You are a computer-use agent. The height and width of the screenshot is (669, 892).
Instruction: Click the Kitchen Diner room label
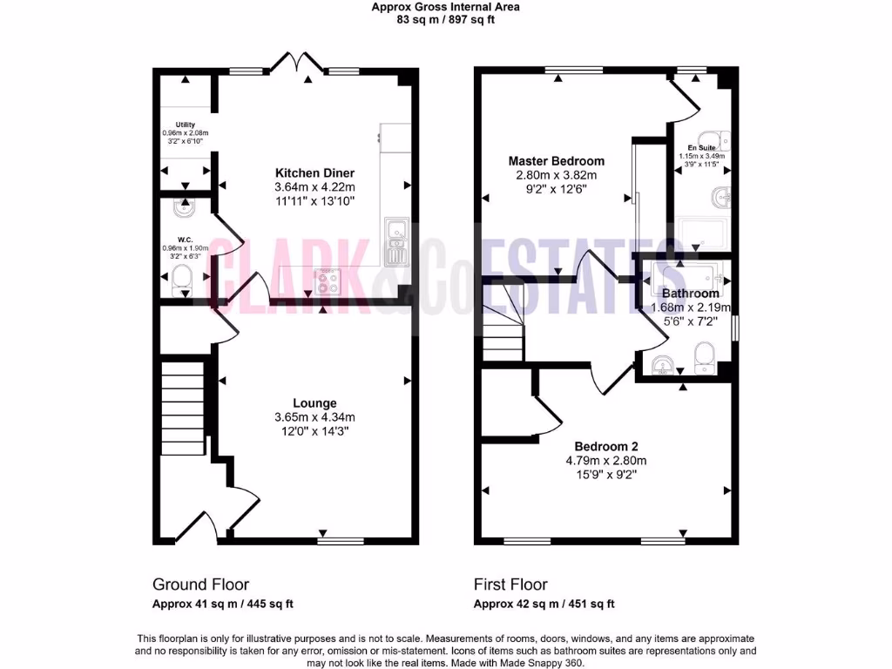(314, 172)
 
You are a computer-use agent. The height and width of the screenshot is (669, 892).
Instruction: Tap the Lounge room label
(314, 403)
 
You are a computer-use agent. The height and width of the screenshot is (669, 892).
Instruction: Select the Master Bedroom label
(556, 161)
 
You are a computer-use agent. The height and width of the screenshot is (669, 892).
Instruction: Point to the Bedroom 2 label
(606, 446)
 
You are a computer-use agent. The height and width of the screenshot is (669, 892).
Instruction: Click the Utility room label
(185, 125)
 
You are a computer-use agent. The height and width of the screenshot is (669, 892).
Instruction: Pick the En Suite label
(701, 148)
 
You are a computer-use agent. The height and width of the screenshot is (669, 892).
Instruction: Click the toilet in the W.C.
(183, 277)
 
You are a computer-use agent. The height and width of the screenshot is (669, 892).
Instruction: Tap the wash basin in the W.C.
(184, 208)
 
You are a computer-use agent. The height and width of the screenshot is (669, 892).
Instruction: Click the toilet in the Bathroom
(704, 355)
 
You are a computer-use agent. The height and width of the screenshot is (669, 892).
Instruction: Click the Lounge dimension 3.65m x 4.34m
(314, 417)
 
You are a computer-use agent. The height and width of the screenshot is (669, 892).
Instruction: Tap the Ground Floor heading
(200, 585)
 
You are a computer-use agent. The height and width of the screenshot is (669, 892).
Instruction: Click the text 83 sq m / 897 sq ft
(445, 19)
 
